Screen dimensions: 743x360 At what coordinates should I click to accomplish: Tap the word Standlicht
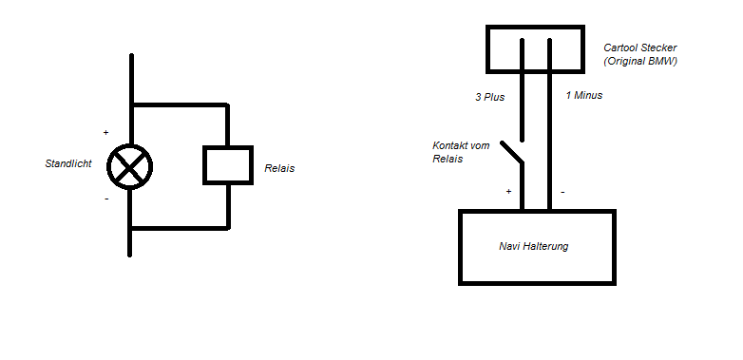click(x=68, y=164)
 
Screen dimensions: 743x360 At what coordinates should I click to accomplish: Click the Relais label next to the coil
click(x=279, y=168)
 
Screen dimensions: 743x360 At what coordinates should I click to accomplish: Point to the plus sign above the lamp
click(x=105, y=133)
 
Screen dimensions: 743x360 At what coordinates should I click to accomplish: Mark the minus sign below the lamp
click(x=106, y=199)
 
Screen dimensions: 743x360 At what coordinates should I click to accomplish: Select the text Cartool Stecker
click(x=640, y=47)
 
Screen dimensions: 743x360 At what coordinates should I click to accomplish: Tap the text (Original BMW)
click(x=640, y=61)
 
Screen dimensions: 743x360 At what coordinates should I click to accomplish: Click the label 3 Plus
click(x=490, y=97)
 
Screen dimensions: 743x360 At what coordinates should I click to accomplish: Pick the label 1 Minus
click(x=584, y=95)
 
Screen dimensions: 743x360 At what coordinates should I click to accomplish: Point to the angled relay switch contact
click(x=512, y=153)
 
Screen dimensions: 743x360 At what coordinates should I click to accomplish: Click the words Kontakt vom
click(x=461, y=145)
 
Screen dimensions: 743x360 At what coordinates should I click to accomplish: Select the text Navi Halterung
click(x=534, y=246)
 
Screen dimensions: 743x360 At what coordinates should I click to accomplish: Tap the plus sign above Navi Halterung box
click(x=509, y=191)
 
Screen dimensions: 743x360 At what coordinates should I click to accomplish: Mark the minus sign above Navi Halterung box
click(x=562, y=192)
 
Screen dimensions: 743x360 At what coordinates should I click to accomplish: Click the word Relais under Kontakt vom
click(x=448, y=159)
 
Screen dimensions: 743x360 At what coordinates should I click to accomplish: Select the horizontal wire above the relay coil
click(x=180, y=104)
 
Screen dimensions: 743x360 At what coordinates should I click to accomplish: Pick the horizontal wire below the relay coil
click(x=180, y=228)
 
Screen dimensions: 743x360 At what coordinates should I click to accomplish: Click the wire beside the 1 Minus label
click(x=550, y=124)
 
